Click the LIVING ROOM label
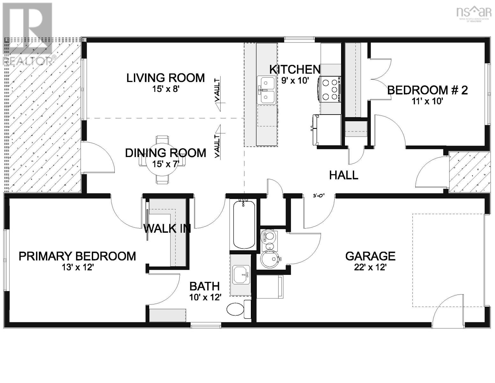[165, 78]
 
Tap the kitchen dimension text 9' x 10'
[295, 80]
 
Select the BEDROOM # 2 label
[427, 90]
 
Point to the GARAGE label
[370, 256]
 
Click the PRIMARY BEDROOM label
[77, 256]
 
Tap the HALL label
[343, 175]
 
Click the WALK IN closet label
[167, 229]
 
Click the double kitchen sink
[267, 90]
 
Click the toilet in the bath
[237, 309]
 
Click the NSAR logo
[474, 13]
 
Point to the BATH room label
[204, 286]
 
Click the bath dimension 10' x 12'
[205, 297]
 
